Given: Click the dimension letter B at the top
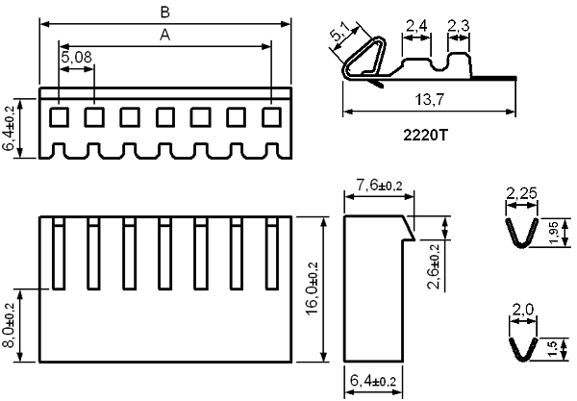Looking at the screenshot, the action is pos(164,13).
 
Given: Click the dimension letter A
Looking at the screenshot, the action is pos(164,35).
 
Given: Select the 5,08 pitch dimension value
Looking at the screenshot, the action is pos(76,57).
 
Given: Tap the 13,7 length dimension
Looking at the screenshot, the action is pos(430,99).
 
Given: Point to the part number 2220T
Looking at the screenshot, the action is pos(425,136).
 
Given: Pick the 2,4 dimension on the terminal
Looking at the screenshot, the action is pos(416,26).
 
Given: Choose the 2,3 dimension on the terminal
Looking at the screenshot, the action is pos(459,26).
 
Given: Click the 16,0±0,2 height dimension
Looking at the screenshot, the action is pos(312,288).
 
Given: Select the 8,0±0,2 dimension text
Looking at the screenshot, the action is pos(9,325).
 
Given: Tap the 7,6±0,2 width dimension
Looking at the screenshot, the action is pos(379,185).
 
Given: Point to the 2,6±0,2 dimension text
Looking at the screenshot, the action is pos(435,266).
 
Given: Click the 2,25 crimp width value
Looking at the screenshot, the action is pos(521,193).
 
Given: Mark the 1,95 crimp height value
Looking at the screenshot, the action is pos(554,233).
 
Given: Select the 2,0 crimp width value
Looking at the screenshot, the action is pos(522,310).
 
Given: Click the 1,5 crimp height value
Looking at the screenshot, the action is pos(553,348).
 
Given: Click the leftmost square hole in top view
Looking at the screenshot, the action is pos(60,117).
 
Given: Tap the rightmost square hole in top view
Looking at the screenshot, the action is pos(271,117).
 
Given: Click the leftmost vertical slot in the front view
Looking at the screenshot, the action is pos(59,253).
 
